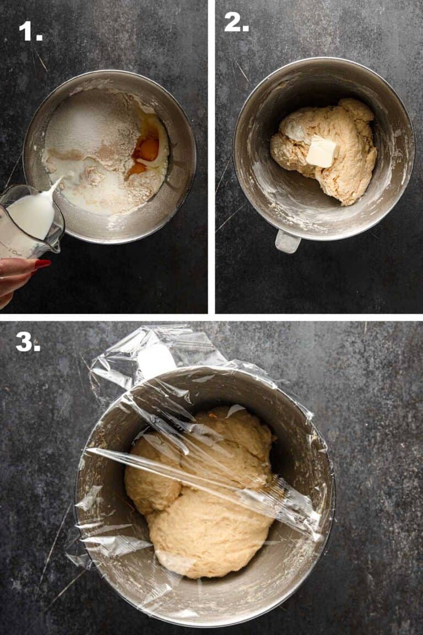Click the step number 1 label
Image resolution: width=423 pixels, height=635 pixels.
coord(30,31)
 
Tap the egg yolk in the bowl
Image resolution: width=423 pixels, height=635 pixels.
coord(147,150)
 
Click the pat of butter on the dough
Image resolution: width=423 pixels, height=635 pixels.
coord(323,152)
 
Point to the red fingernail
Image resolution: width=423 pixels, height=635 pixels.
coord(42,264)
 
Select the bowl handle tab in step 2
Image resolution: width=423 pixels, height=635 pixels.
coord(288,242)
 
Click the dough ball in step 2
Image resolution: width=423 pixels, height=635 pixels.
coord(324,150)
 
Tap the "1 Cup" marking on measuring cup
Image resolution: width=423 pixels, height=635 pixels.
coord(16,252)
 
